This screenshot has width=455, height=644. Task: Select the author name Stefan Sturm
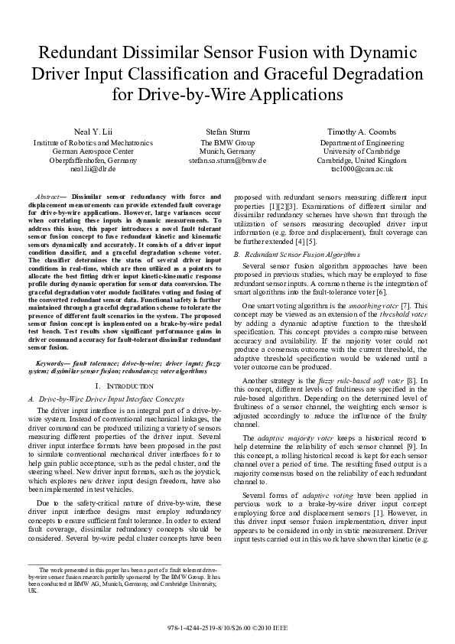[227, 132]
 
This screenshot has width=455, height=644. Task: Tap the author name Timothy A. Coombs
[362, 132]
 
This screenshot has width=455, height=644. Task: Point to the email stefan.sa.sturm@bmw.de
[227, 161]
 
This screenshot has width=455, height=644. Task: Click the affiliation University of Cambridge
[362, 151]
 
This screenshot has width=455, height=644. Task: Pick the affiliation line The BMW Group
[227, 143]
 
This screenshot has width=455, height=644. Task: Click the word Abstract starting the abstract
[52, 197]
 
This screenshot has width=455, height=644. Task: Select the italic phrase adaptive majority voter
[288, 437]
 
